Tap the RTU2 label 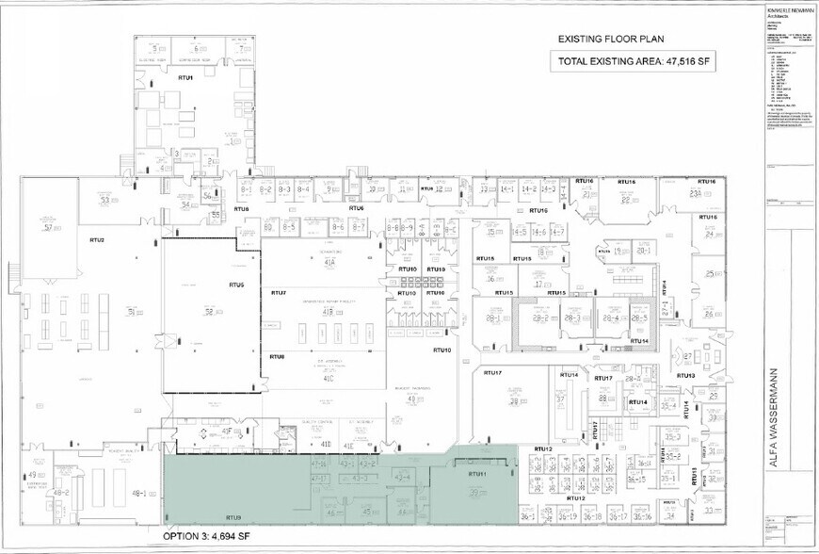[x=96, y=240]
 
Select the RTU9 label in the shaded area [x=233, y=518]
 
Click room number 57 [x=46, y=227]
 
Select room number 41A [x=329, y=264]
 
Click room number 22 [x=625, y=199]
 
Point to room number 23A [x=697, y=193]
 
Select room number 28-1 [x=491, y=319]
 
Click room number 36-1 [x=527, y=516]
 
